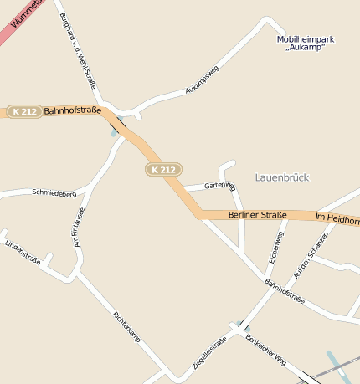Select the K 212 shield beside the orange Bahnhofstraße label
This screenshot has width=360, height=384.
pos(24,111)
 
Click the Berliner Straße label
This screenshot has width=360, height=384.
pos(257,215)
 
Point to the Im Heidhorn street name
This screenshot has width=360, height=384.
pos(337,218)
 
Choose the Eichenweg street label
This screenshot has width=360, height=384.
pos(275,248)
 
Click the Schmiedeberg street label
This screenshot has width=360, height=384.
pos(54,192)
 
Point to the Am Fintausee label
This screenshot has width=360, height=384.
pos(79,228)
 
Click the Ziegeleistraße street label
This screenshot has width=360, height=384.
pos(209,353)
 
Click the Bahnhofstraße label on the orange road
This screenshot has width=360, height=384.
pos(72,110)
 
